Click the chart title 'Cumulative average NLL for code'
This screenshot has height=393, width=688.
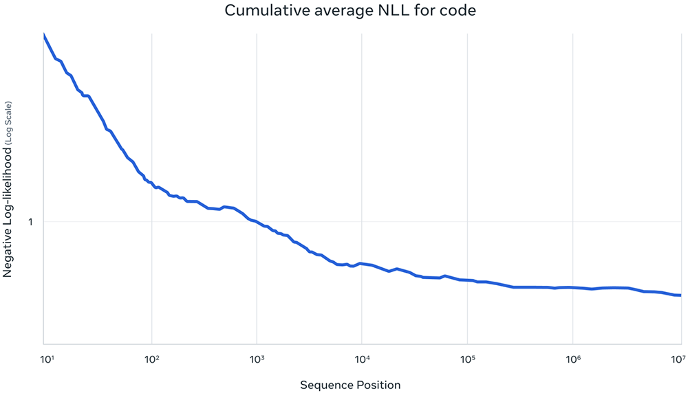pyautogui.click(x=344, y=11)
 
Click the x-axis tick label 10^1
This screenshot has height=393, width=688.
pyautogui.click(x=47, y=358)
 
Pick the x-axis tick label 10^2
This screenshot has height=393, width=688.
pyautogui.click(x=152, y=358)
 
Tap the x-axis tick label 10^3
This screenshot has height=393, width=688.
pyautogui.click(x=257, y=358)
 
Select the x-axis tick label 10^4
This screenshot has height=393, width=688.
pyautogui.click(x=362, y=358)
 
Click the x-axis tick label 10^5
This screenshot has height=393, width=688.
pyautogui.click(x=467, y=358)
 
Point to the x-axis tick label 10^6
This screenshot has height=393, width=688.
pyautogui.click(x=572, y=358)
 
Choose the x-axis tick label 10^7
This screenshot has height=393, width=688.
pyautogui.click(x=678, y=358)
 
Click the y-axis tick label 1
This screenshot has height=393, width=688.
pyautogui.click(x=31, y=222)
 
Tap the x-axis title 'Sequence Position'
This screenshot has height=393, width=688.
pyautogui.click(x=350, y=385)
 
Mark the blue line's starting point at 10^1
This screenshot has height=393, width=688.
pyautogui.click(x=44, y=35)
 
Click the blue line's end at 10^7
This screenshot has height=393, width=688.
pyautogui.click(x=680, y=295)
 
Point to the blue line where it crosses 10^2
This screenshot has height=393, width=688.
pyautogui.click(x=151, y=183)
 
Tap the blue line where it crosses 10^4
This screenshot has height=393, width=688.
pyautogui.click(x=362, y=263)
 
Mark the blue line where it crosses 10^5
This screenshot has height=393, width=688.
pyautogui.click(x=467, y=280)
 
